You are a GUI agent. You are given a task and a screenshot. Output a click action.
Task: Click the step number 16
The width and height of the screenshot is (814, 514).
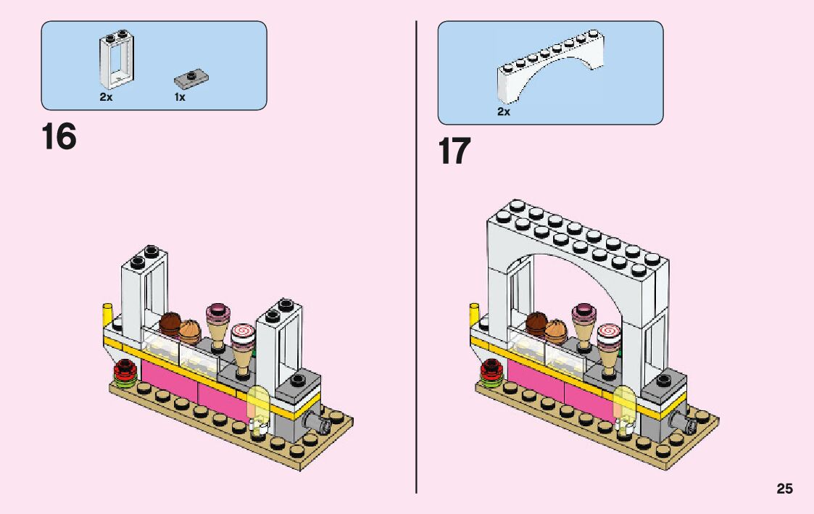[x=59, y=138]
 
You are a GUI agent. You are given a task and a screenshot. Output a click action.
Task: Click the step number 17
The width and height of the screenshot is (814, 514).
[x=454, y=152]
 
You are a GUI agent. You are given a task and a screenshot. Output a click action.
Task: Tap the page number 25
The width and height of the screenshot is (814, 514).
[x=784, y=489]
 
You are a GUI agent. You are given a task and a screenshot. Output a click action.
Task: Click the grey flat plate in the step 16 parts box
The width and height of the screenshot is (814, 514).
[x=192, y=76]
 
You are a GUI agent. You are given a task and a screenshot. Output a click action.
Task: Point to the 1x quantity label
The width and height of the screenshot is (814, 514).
[x=179, y=97]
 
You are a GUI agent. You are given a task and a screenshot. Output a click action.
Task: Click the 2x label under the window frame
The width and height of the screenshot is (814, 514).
[x=106, y=97]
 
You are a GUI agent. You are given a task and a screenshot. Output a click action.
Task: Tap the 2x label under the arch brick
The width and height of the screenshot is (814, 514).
[x=503, y=112]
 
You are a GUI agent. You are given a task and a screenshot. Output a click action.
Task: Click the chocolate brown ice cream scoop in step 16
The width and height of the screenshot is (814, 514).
[x=170, y=323]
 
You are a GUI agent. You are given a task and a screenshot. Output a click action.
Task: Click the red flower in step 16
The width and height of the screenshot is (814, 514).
[x=126, y=370]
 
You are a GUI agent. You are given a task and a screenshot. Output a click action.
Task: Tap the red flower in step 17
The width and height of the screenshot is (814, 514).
[x=492, y=370]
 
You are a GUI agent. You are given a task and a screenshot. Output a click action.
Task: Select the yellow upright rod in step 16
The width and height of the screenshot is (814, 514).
[x=109, y=317]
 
